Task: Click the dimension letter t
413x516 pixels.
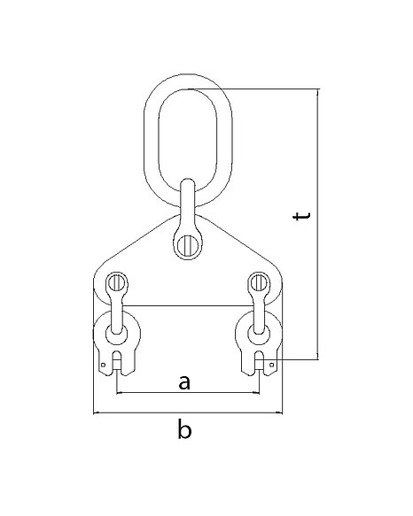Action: coord(301,216)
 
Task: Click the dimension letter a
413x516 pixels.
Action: coord(184,382)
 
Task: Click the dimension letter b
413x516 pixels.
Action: coord(184,428)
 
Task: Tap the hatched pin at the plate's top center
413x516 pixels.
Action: coord(188,245)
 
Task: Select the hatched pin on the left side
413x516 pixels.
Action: coord(117,282)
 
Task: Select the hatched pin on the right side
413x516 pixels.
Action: coord(258,282)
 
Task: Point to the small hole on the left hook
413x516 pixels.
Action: coord(103,365)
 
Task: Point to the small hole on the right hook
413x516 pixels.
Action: coord(272,365)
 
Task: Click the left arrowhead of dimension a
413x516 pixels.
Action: coord(120,392)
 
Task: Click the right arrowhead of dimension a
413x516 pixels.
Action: coord(257,392)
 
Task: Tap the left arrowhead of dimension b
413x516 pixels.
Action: coord(97,412)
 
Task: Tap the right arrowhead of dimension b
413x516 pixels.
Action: coord(280,412)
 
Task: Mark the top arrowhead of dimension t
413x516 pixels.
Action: coord(318,91)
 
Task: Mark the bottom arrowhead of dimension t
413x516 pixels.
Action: coord(318,357)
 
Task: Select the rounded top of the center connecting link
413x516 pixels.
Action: coord(188,181)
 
